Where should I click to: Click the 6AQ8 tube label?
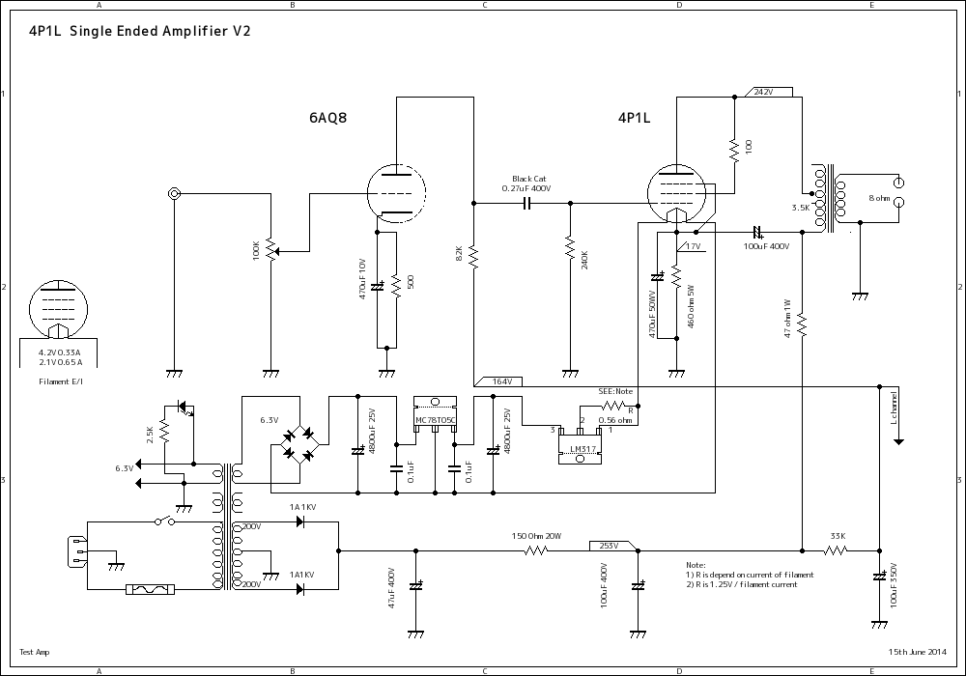click(327, 119)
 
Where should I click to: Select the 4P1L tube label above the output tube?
click(634, 119)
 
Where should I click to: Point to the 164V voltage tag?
click(500, 381)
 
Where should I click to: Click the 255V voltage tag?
click(609, 546)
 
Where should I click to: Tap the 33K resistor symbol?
click(835, 550)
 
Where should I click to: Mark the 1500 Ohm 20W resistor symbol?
click(536, 550)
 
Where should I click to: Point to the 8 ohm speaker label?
click(879, 197)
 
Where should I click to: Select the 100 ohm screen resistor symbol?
click(734, 149)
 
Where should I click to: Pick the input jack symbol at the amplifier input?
click(175, 194)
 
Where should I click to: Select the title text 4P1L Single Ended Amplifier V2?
click(135, 32)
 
